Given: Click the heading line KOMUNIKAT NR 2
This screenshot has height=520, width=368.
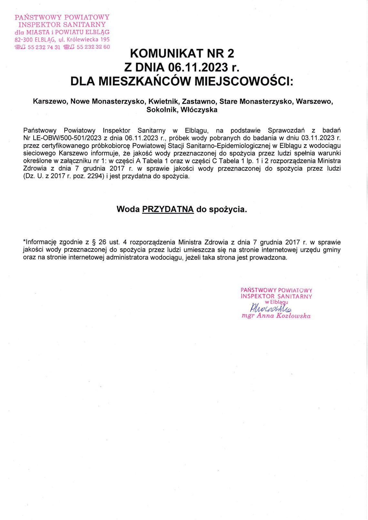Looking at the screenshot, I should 182,53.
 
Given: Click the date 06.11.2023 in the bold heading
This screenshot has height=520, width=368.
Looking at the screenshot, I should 198,67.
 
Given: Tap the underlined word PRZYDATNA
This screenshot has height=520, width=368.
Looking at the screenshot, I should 168,209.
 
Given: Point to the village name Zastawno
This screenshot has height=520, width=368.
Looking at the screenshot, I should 199,102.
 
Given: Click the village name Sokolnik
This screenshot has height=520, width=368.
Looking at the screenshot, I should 162,110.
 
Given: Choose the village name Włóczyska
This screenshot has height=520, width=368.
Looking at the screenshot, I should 199,110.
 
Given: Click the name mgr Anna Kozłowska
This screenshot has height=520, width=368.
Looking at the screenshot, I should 276,316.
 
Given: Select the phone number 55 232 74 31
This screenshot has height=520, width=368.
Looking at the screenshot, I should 44,47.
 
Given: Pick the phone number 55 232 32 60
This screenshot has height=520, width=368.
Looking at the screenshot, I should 93,47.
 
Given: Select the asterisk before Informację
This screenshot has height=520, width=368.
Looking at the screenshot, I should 24,241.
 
